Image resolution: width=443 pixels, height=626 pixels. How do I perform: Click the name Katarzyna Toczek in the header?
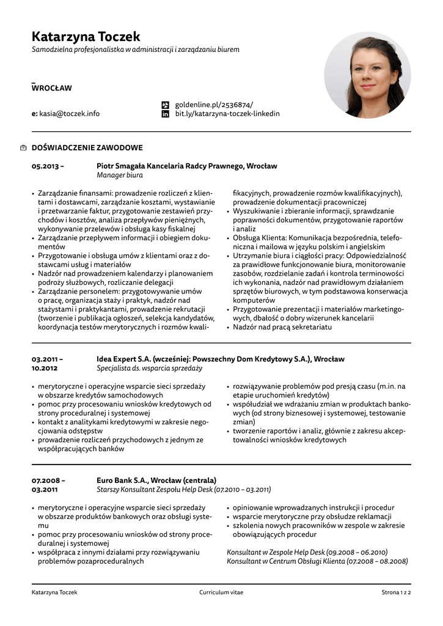[86, 37]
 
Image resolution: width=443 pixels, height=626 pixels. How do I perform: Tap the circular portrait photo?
[367, 75]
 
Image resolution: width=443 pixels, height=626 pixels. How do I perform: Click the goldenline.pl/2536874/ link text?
[214, 105]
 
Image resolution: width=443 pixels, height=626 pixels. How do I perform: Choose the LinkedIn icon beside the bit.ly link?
[164, 114]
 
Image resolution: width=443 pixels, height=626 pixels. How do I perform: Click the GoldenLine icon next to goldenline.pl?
[164, 105]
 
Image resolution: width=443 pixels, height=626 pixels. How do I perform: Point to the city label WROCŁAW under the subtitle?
[52, 88]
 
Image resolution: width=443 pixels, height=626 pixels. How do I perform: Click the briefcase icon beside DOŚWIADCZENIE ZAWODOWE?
[23, 148]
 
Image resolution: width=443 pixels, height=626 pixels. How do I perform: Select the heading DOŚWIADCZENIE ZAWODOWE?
[87, 148]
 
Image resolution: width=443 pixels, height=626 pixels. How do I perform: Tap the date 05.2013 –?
[48, 166]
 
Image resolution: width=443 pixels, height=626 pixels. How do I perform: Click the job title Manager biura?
[120, 175]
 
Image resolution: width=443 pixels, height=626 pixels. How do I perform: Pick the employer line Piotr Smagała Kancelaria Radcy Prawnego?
[186, 166]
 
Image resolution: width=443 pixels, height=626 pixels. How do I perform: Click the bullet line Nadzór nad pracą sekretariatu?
[282, 327]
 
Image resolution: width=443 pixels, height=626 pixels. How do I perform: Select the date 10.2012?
[45, 369]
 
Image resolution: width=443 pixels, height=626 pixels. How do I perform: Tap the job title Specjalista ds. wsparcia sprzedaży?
[149, 369]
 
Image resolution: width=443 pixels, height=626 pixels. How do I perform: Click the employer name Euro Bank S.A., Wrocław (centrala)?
[156, 481]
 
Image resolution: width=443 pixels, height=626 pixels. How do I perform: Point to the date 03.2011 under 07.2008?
[45, 490]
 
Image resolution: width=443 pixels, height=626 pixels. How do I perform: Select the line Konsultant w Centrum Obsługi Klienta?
[317, 561]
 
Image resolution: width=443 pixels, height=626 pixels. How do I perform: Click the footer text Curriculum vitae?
[221, 592]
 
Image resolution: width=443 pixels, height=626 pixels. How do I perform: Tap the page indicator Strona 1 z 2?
[396, 592]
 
